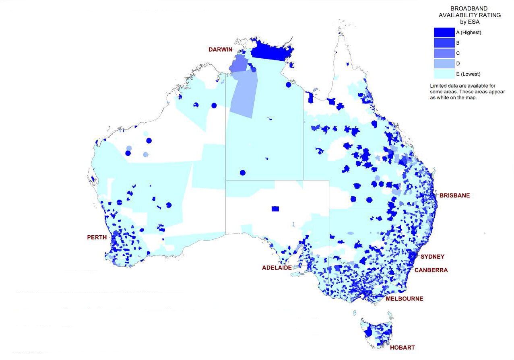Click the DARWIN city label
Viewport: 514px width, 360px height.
click(221, 49)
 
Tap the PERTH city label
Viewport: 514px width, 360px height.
click(97, 237)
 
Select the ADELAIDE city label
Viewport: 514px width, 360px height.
click(277, 268)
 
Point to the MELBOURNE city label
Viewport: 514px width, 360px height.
click(404, 299)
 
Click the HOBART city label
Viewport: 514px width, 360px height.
click(402, 348)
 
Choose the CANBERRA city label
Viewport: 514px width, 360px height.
click(431, 270)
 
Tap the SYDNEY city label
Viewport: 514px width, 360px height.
click(432, 257)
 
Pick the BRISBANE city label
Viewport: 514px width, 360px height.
click(454, 195)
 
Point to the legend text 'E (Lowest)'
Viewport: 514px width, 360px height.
click(468, 74)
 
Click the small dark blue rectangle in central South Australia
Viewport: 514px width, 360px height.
click(275, 209)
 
